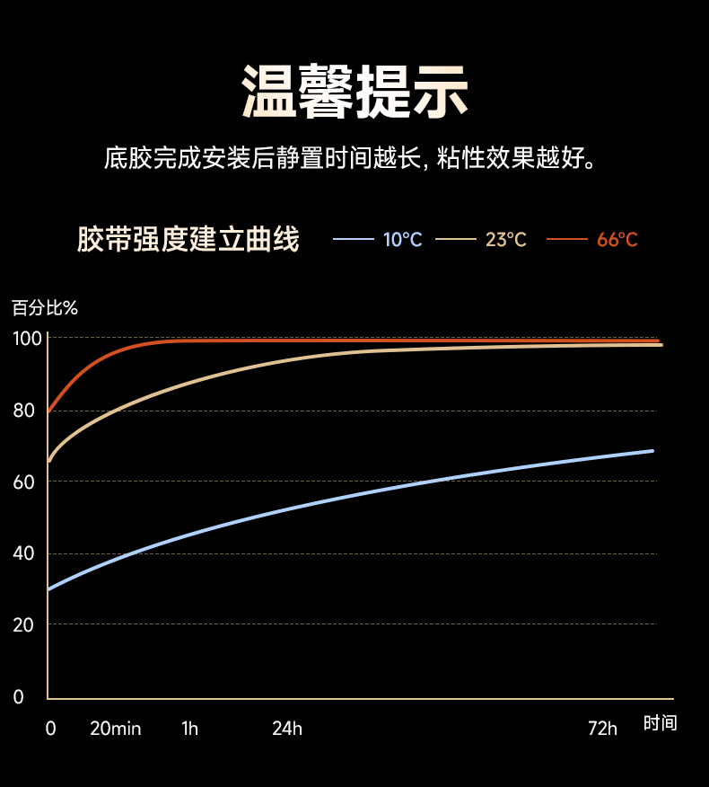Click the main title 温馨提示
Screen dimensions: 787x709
pos(354,91)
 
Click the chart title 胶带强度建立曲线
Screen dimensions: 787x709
pos(188,240)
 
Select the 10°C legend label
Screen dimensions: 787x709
pos(402,240)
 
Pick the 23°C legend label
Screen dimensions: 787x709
pos(506,240)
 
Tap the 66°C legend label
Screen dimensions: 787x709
pos(617,240)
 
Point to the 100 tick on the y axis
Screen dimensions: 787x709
pos(27,339)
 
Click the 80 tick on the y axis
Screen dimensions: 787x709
pos(24,411)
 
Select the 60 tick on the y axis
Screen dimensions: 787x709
pos(24,482)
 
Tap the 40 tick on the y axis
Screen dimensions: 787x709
pos(24,553)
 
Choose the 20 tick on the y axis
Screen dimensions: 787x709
pos(24,624)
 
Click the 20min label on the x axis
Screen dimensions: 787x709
pos(115,729)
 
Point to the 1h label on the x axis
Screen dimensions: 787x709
pos(189,729)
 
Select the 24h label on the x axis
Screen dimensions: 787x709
pos(287,729)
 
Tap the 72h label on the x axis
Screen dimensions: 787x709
pos(603,729)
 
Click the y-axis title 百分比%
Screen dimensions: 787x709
pos(45,308)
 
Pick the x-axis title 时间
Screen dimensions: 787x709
pos(660,723)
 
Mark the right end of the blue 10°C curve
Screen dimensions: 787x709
pos(652,450)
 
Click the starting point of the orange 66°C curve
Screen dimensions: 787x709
pos(48,411)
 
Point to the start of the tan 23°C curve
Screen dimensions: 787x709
pos(49,461)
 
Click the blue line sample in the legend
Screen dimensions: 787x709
pos(353,239)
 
